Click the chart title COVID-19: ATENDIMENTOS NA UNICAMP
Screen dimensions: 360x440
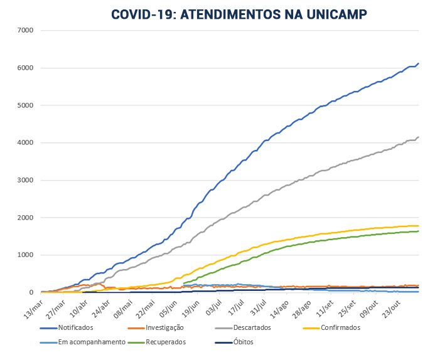coord(239,14)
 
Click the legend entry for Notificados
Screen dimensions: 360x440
coord(76,327)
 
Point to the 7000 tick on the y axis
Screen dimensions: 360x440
coord(26,30)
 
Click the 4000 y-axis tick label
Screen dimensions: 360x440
coord(26,143)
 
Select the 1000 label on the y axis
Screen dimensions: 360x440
coord(26,255)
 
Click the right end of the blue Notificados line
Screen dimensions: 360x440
coord(419,63)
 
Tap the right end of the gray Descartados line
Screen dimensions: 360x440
coord(419,137)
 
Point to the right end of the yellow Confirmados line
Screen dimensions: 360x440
coord(419,226)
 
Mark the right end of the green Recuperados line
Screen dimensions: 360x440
coord(419,231)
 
